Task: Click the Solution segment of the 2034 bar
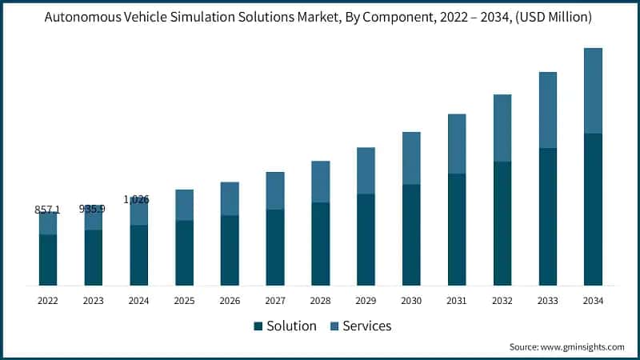click(593, 210)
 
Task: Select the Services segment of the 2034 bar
click(593, 90)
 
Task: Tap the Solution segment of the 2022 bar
click(48, 260)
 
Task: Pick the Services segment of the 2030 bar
click(411, 158)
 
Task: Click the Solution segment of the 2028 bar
click(321, 244)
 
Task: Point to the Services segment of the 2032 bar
click(502, 128)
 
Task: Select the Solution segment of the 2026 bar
click(230, 250)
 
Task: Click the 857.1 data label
click(47, 210)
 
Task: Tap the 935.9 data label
click(93, 208)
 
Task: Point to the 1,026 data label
click(137, 199)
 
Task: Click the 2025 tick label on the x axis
click(184, 301)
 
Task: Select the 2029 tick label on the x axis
click(366, 301)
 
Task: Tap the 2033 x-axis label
click(547, 301)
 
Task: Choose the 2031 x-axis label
click(457, 301)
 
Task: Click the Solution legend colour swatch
click(258, 326)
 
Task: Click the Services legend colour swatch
click(334, 326)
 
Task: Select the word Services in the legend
click(367, 326)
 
